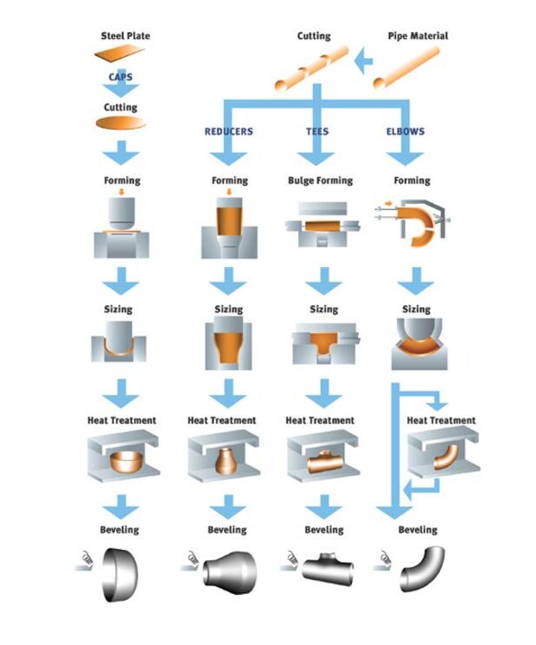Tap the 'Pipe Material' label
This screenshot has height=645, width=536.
tap(417, 35)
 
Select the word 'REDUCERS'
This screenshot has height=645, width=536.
tap(228, 131)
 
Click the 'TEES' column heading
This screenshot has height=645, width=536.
tap(317, 131)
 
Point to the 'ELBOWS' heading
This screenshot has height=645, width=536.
tap(405, 131)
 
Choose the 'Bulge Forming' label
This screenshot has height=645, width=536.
tap(320, 181)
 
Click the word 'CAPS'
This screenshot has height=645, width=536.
tap(120, 77)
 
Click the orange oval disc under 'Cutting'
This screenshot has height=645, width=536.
tap(120, 124)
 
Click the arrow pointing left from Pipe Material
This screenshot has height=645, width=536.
tap(364, 61)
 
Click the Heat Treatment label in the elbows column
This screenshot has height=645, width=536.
tap(441, 420)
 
